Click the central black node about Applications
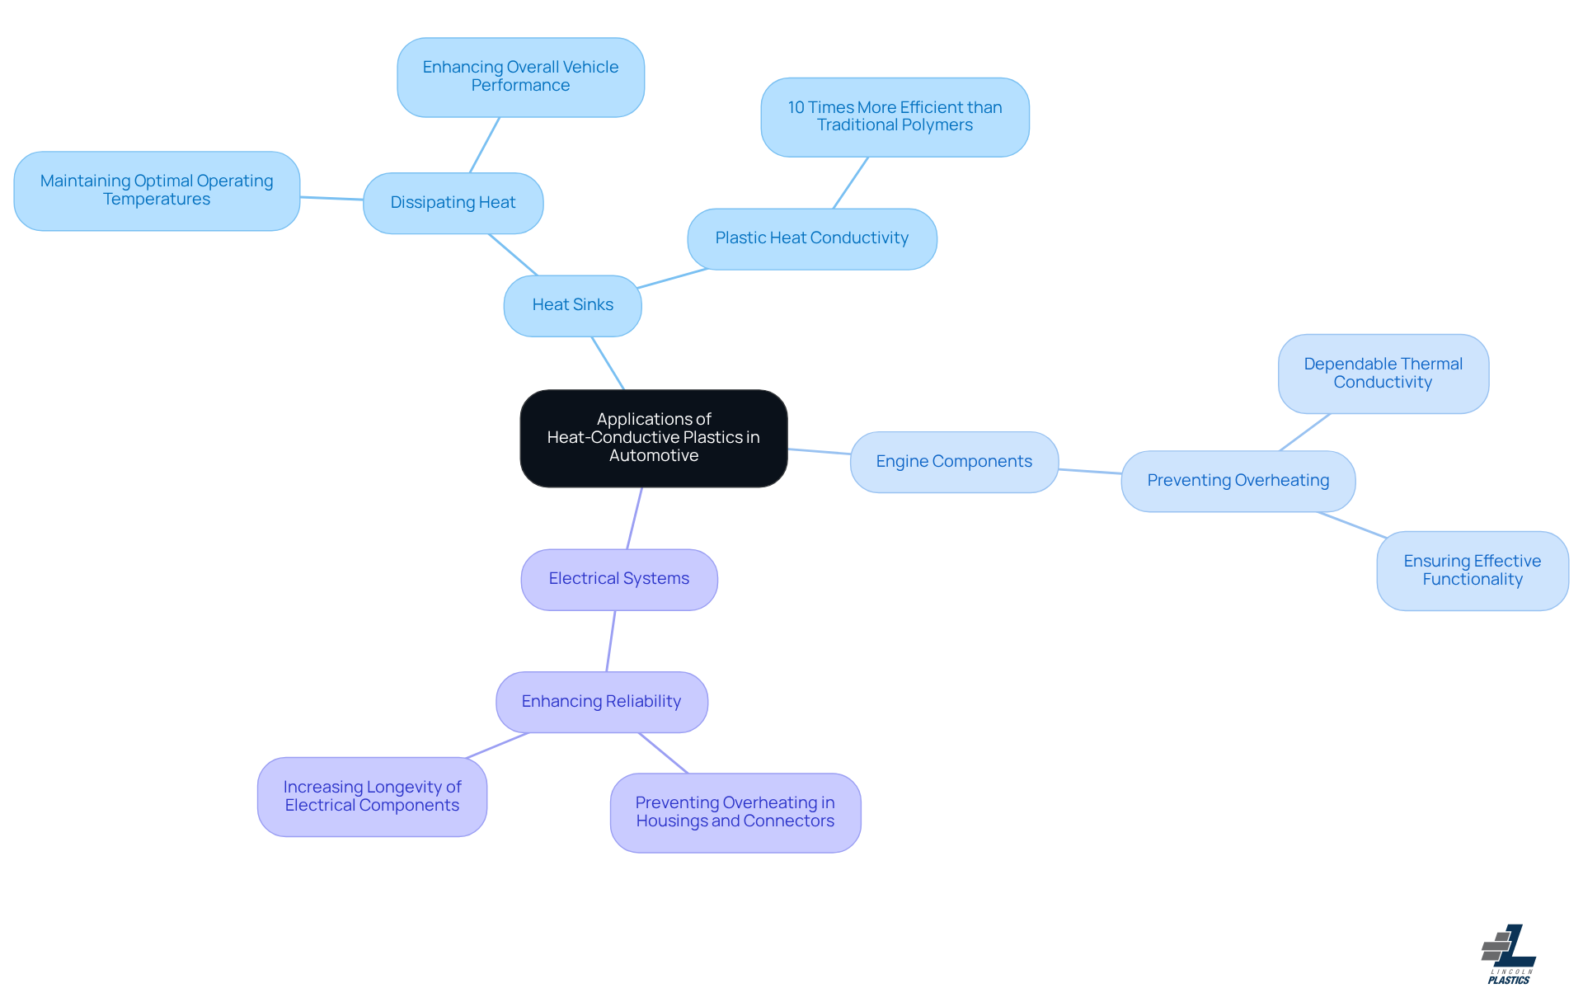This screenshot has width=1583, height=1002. click(x=654, y=438)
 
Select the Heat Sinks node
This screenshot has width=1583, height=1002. click(x=573, y=305)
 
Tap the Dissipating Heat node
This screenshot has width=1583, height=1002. click(x=453, y=203)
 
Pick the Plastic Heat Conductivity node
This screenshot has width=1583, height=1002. click(x=812, y=238)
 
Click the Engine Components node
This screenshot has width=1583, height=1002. click(x=954, y=462)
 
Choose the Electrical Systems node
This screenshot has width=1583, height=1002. click(x=619, y=579)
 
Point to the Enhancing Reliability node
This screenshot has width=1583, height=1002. click(x=602, y=702)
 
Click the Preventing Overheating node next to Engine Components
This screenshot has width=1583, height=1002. click(x=1238, y=481)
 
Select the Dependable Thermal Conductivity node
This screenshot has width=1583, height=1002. click(x=1383, y=374)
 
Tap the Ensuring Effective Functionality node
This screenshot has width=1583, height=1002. click(x=1473, y=571)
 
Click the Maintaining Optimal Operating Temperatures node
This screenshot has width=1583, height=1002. click(x=157, y=191)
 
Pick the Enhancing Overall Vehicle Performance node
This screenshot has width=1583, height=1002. click(x=520, y=77)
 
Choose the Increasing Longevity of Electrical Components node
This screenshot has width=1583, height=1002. click(x=372, y=797)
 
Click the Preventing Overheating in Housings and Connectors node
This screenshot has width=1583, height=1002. click(x=735, y=812)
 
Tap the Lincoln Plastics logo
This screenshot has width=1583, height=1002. click(x=1509, y=954)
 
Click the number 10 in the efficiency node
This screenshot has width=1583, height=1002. click(x=796, y=107)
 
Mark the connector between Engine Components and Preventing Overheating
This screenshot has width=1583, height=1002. click(x=1090, y=471)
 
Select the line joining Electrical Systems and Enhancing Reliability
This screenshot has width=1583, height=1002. click(x=611, y=641)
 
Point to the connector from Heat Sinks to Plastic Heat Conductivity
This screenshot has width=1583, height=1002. click(x=673, y=278)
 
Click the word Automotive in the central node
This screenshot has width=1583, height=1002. click(x=654, y=455)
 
